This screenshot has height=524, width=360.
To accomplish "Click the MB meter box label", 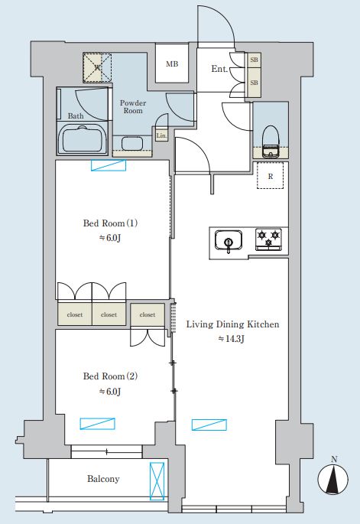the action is point(172,63).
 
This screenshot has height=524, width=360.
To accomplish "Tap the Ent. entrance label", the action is point(219,69).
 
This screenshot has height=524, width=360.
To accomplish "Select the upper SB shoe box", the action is point(254,60).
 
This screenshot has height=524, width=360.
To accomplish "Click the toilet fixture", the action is point(271,142).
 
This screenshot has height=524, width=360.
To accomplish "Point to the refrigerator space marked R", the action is point(270,175).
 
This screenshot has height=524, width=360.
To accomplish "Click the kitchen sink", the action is point(229,239).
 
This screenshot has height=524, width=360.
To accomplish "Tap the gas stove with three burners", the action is point(268,239).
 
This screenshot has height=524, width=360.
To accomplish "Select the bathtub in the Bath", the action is point(83,139).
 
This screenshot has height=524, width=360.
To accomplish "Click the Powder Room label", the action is point(133,106).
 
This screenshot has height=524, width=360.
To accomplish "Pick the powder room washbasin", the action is point(132,143).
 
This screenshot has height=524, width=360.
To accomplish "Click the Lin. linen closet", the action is point(161,135).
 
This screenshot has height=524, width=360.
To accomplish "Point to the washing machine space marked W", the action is point(97,67).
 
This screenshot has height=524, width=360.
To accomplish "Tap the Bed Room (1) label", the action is point(110,223).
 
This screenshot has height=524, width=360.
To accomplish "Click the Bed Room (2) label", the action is point(110,376).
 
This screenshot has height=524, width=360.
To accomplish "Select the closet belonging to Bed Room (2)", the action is point(148,314).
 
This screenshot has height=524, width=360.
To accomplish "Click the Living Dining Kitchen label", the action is point(232,324).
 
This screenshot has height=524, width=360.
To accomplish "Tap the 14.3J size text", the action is point(232,339).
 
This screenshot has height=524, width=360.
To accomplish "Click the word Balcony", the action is point(103,479).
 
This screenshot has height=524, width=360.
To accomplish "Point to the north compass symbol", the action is point(332,477).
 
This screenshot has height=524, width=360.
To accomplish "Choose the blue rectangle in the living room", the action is point(209,425).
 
